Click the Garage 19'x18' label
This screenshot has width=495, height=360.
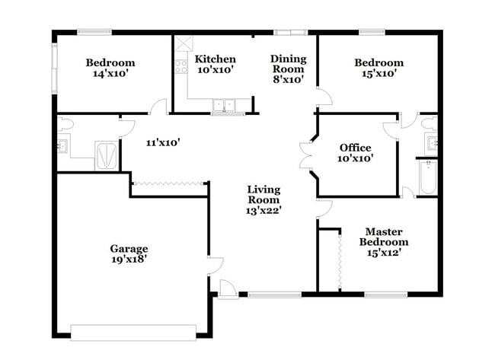(x=128, y=253)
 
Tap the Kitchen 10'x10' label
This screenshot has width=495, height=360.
(x=215, y=64)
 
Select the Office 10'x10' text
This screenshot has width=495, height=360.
(x=356, y=153)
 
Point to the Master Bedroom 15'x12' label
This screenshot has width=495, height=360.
(x=384, y=242)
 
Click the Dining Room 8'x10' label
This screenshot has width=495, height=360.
(x=288, y=68)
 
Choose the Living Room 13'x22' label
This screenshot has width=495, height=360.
(x=263, y=199)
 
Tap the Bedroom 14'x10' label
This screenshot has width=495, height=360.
(x=110, y=68)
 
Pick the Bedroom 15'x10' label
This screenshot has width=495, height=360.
(x=378, y=68)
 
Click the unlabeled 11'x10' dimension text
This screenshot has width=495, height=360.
(x=163, y=142)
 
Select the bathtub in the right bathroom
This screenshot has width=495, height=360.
(x=425, y=177)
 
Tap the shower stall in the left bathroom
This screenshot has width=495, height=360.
(x=107, y=155)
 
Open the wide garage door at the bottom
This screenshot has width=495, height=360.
(x=133, y=332)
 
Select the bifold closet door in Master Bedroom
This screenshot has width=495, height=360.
(x=337, y=260)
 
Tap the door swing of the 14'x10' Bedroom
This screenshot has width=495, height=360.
(x=158, y=107)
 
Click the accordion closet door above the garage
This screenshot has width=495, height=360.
(x=170, y=183)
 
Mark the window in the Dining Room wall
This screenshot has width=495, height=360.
(x=291, y=32)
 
